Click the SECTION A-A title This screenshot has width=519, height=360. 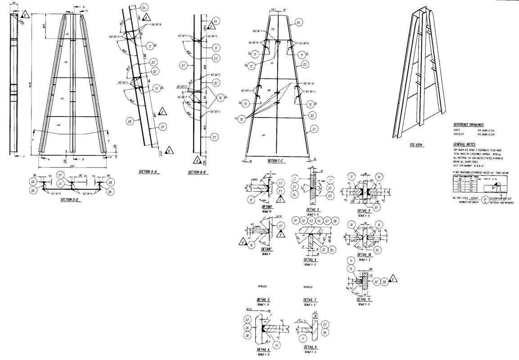[149, 172]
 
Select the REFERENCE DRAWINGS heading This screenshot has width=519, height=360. [468, 125]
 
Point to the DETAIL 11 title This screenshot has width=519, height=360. [363, 299]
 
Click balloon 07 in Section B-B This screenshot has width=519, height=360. [183, 66]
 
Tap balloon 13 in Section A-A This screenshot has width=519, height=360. [156, 88]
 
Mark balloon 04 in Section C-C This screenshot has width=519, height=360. [298, 22]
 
